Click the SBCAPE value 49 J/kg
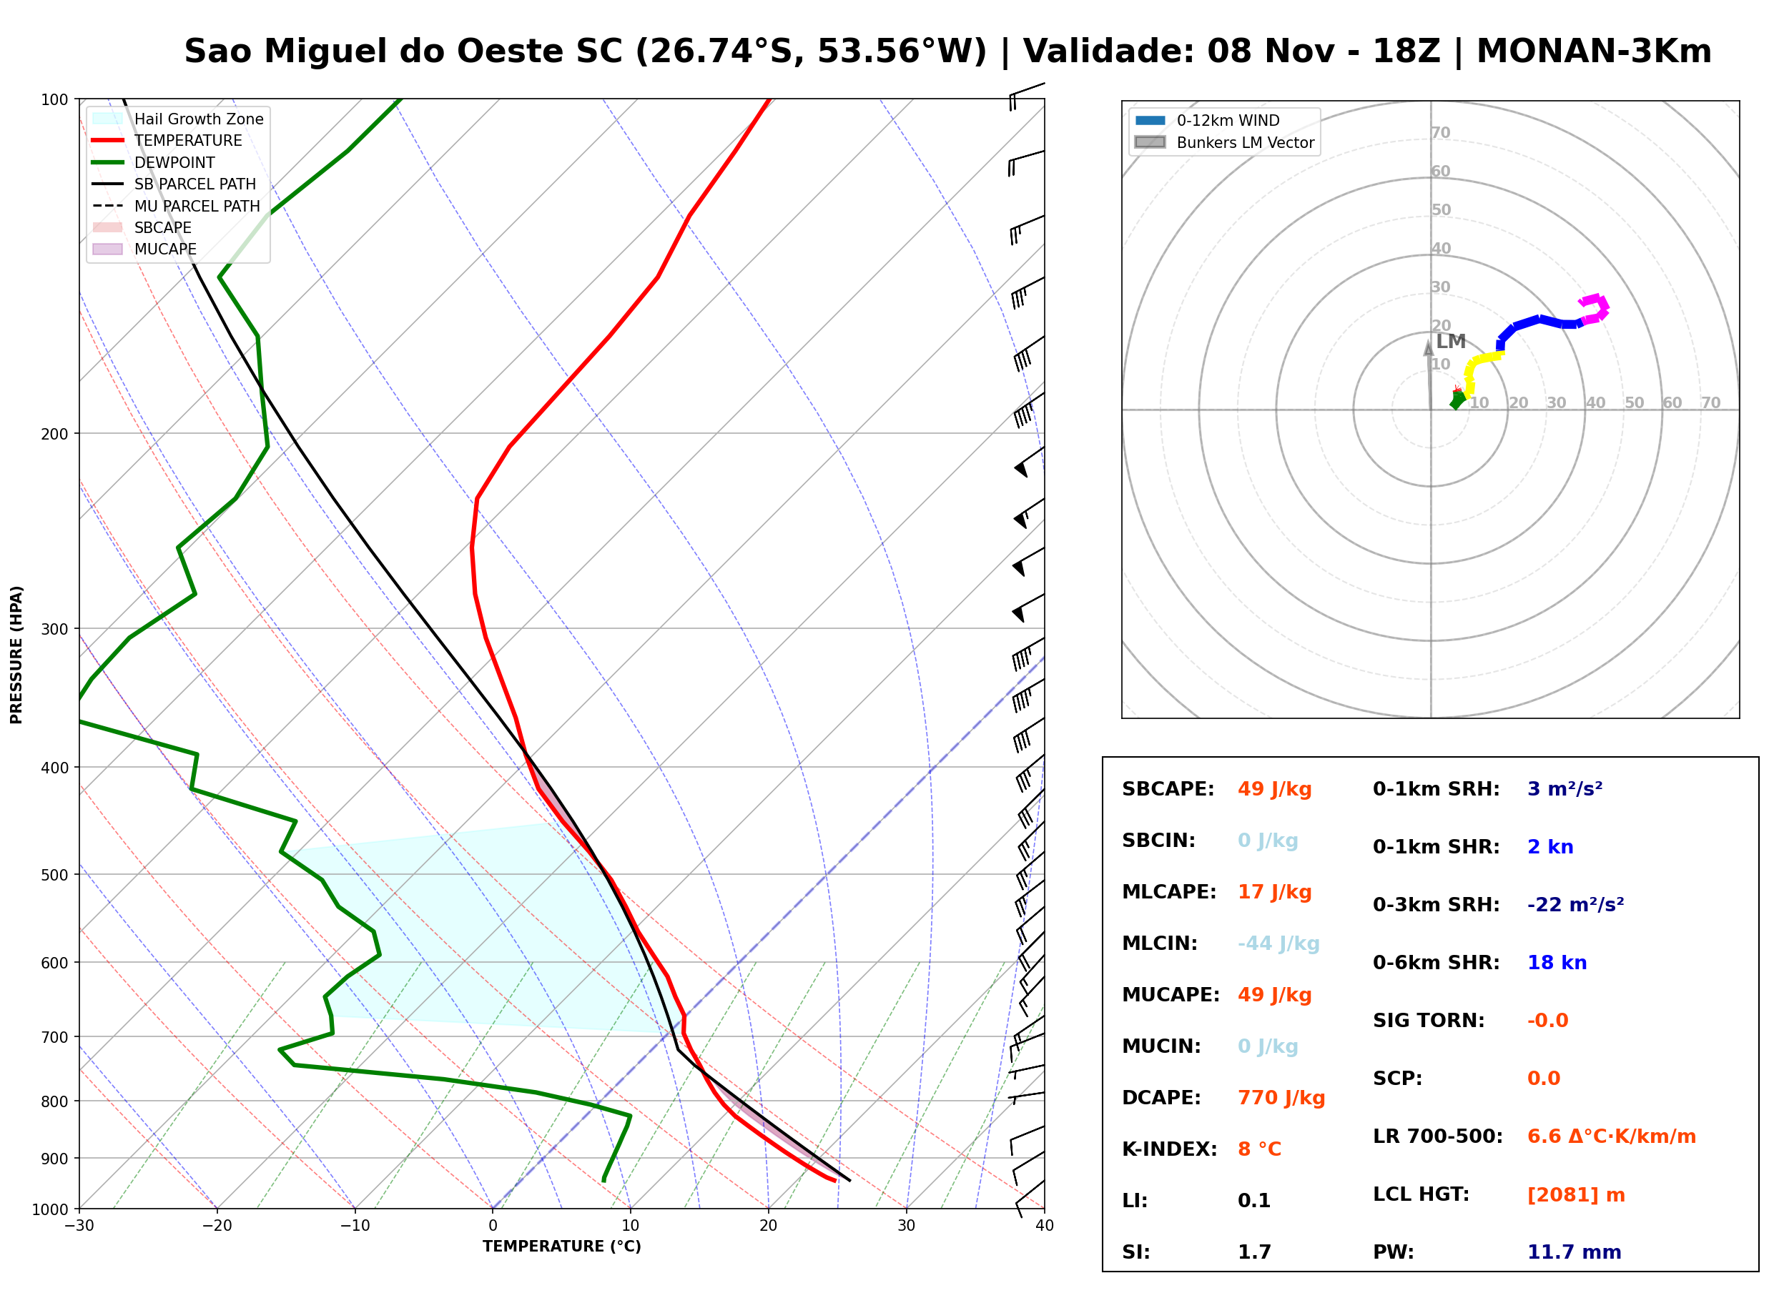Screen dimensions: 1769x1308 pos(1275,789)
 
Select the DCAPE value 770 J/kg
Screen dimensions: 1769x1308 pos(1281,1098)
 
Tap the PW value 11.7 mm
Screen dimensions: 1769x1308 pos(1575,1252)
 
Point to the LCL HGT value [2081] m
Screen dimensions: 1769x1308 pos(1576,1195)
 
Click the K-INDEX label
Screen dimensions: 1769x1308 pos(1170,1149)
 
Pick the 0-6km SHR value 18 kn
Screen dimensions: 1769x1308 pos(1557,963)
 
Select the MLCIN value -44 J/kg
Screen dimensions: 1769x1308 pos(1279,943)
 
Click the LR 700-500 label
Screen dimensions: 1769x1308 pos(1438,1137)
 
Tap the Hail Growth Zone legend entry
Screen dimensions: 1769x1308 pos(178,119)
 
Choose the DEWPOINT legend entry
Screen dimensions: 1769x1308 pos(154,162)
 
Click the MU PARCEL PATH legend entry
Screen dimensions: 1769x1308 pos(176,206)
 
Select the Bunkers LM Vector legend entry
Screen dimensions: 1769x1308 pos(1224,142)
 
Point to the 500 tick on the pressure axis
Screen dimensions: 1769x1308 pos(54,875)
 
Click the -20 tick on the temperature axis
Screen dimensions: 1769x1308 pos(217,1226)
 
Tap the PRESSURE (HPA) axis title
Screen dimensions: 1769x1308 pos(16,655)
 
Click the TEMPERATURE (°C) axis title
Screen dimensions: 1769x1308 pos(562,1247)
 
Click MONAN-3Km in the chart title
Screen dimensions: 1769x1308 pos(1594,51)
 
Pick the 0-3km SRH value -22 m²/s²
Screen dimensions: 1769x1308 pos(1576,905)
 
